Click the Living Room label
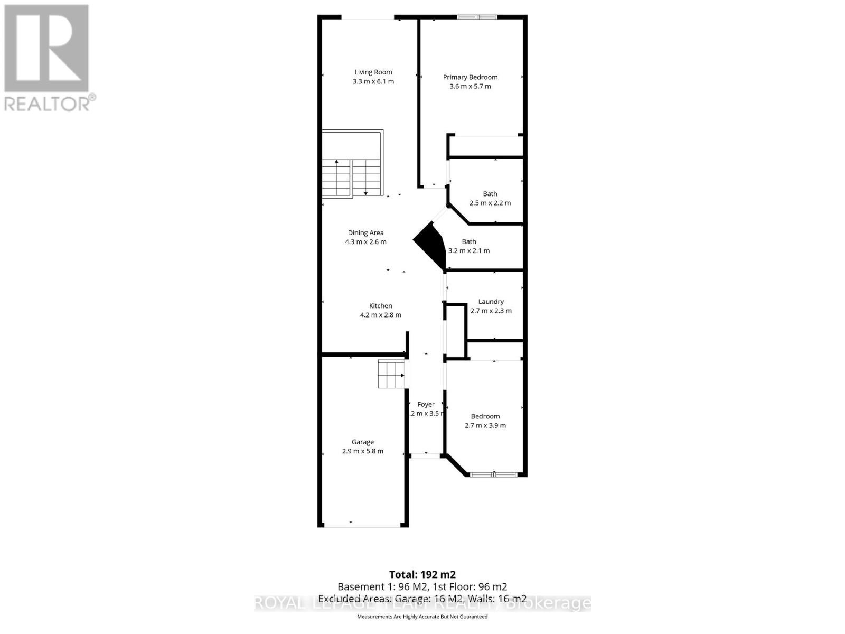(373, 72)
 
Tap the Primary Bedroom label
(470, 77)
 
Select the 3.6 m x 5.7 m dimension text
(470, 86)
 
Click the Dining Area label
(365, 232)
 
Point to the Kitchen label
(380, 306)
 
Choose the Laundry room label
(491, 302)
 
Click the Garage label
(363, 442)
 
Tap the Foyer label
(426, 405)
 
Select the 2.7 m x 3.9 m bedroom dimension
(485, 425)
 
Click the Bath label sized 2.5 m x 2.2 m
(490, 194)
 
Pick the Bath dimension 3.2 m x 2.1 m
(469, 250)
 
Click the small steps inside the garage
(391, 374)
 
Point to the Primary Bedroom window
(477, 17)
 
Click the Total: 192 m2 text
(422, 574)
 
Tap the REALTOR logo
(48, 58)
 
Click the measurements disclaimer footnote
(422, 617)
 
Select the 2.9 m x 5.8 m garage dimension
(363, 451)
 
